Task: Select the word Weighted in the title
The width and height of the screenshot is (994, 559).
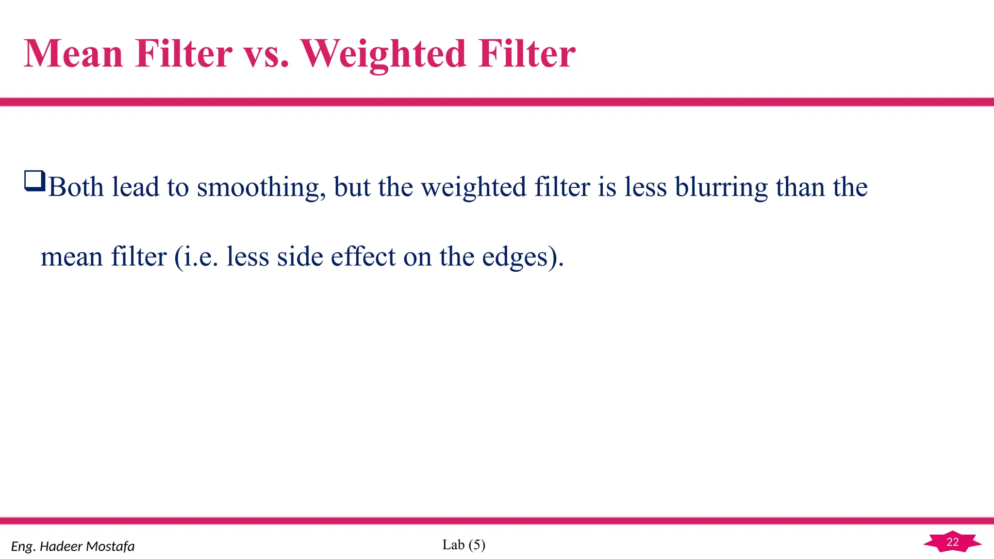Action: pyautogui.click(x=384, y=54)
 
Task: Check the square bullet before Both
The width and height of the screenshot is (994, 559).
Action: pyautogui.click(x=34, y=181)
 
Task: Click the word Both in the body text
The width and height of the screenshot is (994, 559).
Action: pyautogui.click(x=76, y=187)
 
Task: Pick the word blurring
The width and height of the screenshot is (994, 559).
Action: pyautogui.click(x=721, y=188)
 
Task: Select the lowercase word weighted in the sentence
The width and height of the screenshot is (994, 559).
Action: pyautogui.click(x=474, y=188)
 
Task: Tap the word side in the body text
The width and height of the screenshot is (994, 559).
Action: pyautogui.click(x=299, y=257)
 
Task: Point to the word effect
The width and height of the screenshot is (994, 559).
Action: pyautogui.click(x=363, y=257)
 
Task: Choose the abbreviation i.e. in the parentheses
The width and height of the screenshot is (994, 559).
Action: pyautogui.click(x=200, y=257)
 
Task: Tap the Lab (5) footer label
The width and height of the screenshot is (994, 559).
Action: pyautogui.click(x=464, y=545)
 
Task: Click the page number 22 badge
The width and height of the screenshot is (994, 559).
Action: pyautogui.click(x=952, y=542)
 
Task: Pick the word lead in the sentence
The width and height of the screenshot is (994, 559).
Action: pyautogui.click(x=135, y=187)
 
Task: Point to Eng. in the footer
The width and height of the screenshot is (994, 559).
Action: pyautogui.click(x=23, y=547)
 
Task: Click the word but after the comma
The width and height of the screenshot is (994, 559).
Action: pyautogui.click(x=352, y=187)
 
